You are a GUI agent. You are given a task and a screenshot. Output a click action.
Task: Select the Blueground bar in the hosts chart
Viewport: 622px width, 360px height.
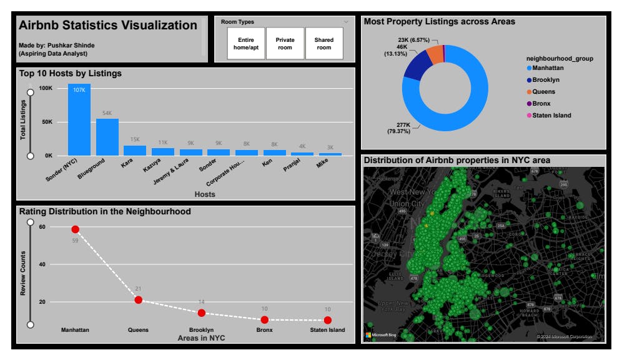pyautogui.click(x=107, y=136)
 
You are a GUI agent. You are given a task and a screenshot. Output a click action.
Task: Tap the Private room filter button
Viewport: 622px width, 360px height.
pyautogui.click(x=285, y=44)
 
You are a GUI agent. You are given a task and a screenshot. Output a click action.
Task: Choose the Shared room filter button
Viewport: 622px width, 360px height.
pyautogui.click(x=324, y=44)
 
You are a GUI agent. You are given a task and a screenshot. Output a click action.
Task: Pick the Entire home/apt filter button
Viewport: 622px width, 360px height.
pyautogui.click(x=246, y=44)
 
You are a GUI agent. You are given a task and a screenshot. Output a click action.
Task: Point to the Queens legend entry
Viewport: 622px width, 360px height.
pyautogui.click(x=543, y=92)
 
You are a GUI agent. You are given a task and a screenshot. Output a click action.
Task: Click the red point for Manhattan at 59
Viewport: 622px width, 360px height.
pyautogui.click(x=76, y=229)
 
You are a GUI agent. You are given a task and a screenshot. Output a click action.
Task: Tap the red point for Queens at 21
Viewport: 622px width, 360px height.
pyautogui.click(x=139, y=300)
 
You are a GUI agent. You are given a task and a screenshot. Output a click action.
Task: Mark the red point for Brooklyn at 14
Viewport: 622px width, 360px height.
pyautogui.click(x=202, y=312)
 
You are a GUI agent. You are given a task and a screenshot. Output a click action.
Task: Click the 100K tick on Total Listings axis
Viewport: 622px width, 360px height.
pyautogui.click(x=46, y=89)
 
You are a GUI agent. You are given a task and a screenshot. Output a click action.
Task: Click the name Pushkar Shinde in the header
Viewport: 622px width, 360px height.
pyautogui.click(x=69, y=45)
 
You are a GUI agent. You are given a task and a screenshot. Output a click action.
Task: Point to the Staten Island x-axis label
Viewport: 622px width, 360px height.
pyautogui.click(x=327, y=330)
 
